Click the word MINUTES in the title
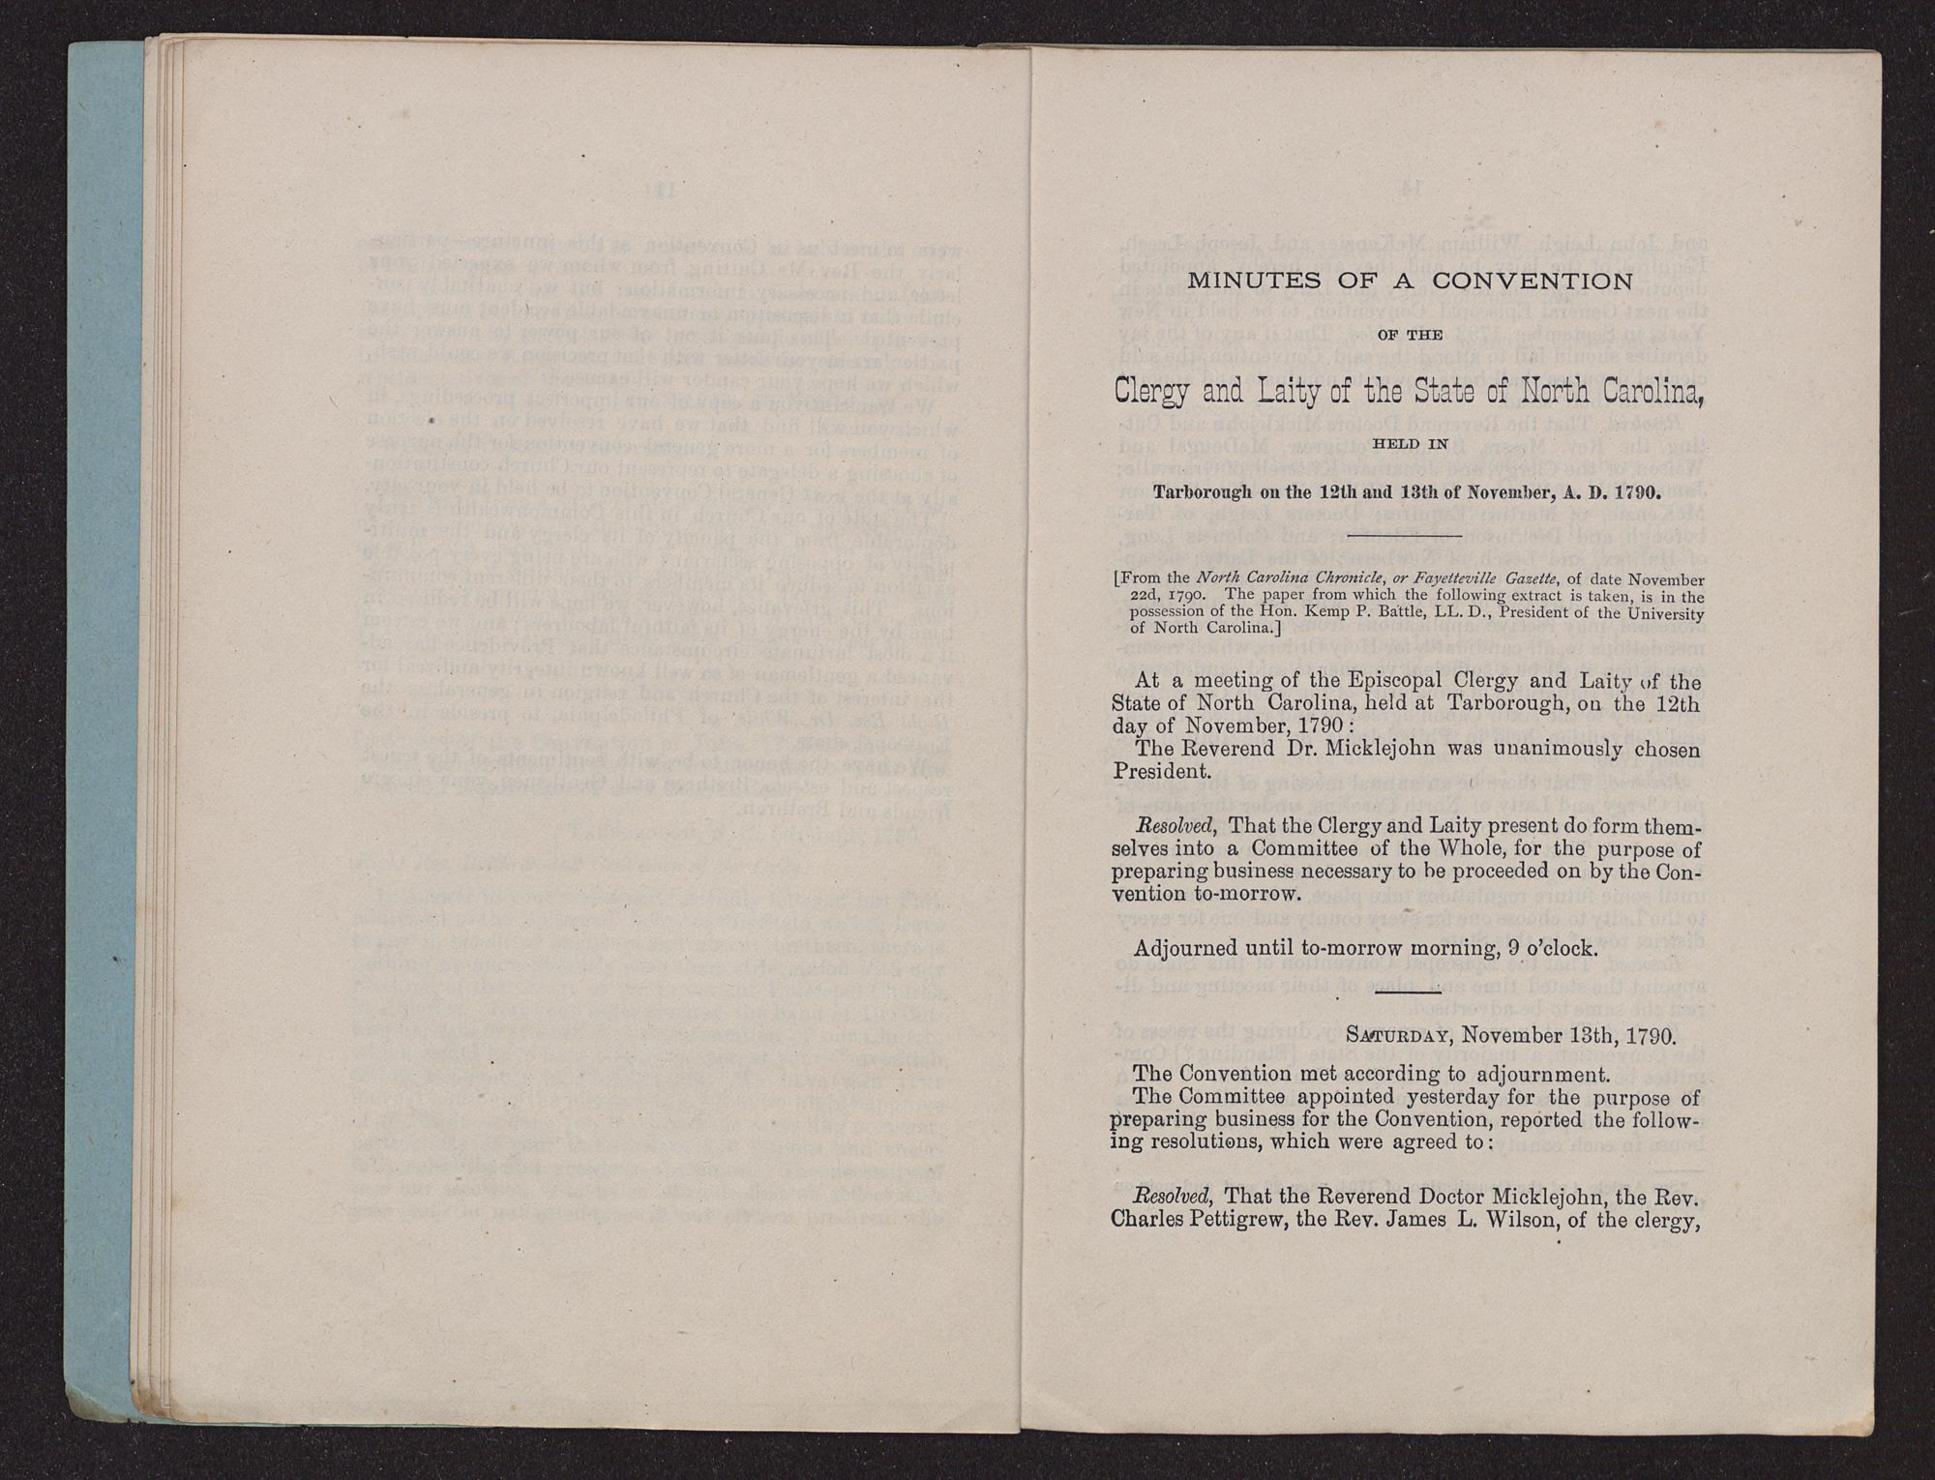(x=1236, y=281)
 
